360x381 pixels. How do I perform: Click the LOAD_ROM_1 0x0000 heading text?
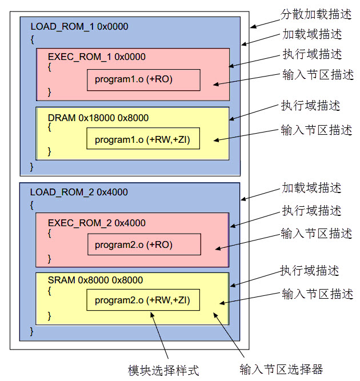pos(79,26)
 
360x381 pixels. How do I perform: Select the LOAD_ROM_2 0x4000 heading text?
pos(79,192)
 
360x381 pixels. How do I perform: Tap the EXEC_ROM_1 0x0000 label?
pos(97,57)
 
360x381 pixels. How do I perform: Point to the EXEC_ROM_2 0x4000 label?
pos(97,223)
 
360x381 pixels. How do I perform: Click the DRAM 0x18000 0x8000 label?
pos(98,118)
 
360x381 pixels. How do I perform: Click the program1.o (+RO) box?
pos(143,79)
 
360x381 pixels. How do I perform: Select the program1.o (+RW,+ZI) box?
pos(143,139)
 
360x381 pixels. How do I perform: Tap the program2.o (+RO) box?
pos(144,245)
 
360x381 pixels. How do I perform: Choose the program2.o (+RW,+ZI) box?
pos(143,300)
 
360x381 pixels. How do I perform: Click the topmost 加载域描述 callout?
pos(312,34)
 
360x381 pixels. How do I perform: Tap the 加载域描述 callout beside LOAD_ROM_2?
pos(312,188)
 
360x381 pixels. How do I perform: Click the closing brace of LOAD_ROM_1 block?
pos(32,166)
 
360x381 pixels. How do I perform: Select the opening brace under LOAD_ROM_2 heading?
pos(32,204)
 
